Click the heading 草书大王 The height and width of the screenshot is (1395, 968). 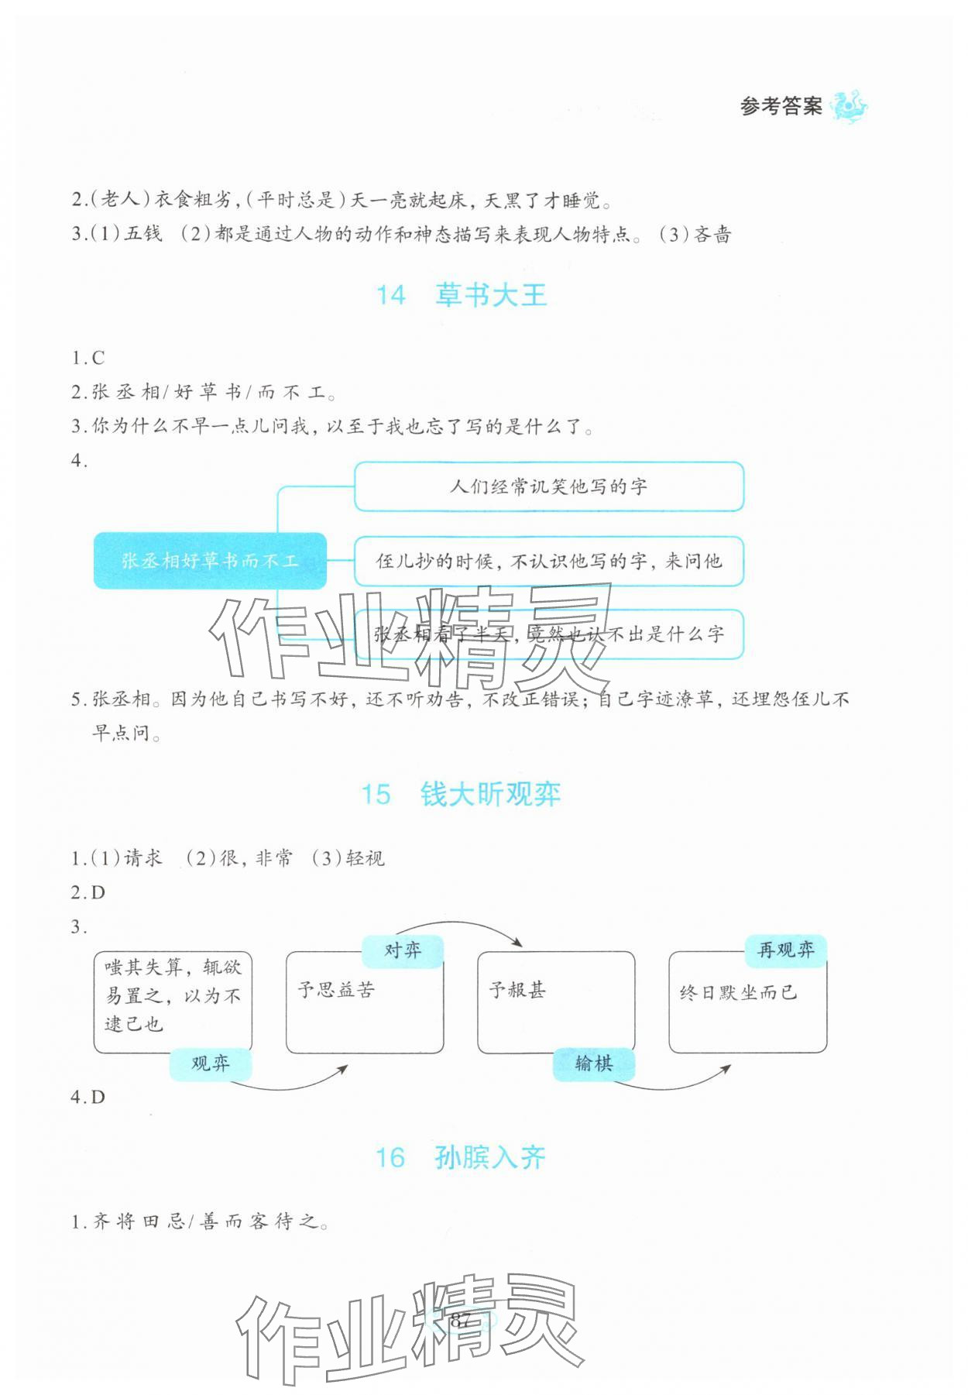coord(491,295)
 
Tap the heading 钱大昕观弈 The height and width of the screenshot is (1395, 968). coord(490,795)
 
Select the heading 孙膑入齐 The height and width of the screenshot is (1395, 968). coord(490,1157)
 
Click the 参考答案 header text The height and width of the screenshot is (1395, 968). coord(781,106)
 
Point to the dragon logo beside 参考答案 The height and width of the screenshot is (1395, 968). coord(849,106)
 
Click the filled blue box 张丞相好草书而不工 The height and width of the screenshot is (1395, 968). coord(209,561)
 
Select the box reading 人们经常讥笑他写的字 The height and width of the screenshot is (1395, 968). coord(548,486)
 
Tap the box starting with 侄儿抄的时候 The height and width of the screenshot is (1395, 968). coord(548,561)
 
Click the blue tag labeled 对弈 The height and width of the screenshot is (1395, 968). coord(403,950)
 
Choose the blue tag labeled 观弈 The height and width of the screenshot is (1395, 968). coord(211,1064)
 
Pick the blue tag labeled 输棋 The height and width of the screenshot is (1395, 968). coord(594,1064)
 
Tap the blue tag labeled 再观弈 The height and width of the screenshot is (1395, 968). coord(785,950)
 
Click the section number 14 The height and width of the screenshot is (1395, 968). coord(390,295)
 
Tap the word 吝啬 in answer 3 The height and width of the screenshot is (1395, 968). coord(712,235)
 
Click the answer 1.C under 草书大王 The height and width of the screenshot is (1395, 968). coord(88,358)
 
